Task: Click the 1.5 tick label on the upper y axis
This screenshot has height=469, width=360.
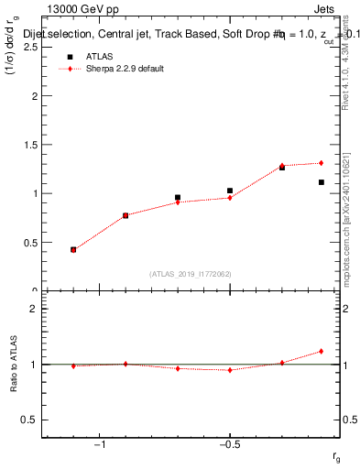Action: (x=30, y=145)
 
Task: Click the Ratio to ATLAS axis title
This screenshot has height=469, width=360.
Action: (x=14, y=365)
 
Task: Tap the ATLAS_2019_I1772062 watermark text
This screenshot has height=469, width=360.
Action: (x=191, y=273)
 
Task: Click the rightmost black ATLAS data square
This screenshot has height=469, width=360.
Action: (x=322, y=182)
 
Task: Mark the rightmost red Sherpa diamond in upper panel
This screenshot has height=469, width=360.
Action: (x=322, y=163)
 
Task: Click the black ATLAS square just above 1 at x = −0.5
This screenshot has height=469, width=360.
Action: (x=230, y=191)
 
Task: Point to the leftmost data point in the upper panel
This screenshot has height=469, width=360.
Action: (x=73, y=249)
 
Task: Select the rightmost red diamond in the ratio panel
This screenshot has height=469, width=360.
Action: (x=322, y=351)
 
